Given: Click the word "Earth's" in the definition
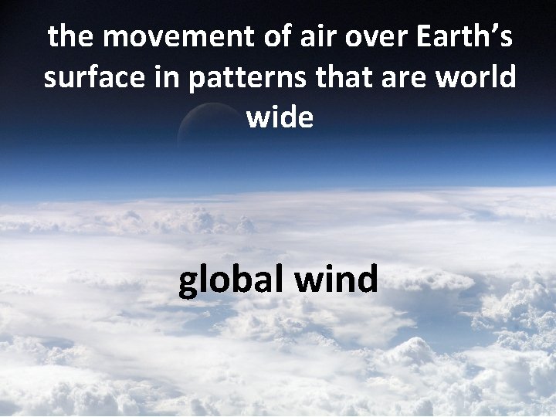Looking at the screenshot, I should [456, 37].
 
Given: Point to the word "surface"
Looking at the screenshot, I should [92, 79].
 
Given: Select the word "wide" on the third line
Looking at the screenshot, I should [279, 120].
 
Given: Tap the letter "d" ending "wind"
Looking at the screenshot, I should [366, 279].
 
